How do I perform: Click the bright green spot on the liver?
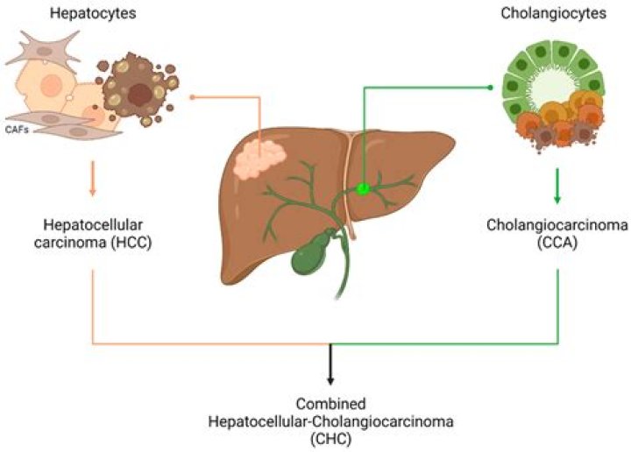click(x=362, y=187)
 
